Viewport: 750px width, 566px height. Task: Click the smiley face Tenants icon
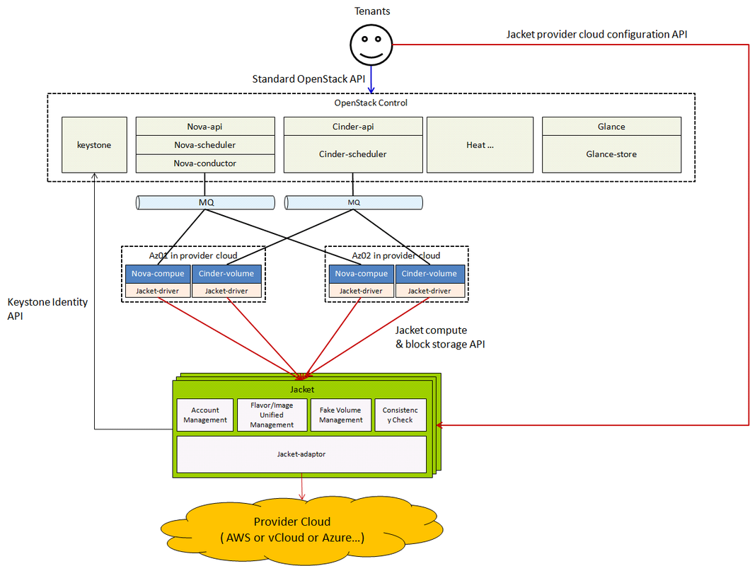(371, 45)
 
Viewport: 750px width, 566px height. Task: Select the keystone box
(94, 144)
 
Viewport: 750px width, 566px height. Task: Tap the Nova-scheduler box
(204, 145)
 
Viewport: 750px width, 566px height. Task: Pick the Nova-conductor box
(204, 163)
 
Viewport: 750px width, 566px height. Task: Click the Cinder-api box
(352, 127)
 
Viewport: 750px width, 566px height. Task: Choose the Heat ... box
(480, 144)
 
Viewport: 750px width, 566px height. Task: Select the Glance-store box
(611, 154)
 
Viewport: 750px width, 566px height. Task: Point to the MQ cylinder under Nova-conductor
(204, 203)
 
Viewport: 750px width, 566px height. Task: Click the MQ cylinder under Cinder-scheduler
(354, 203)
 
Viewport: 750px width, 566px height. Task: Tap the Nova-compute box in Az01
(158, 274)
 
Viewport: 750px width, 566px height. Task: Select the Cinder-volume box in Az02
(429, 274)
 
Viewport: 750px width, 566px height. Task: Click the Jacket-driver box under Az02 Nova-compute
(361, 291)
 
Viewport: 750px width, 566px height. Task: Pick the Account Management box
(205, 415)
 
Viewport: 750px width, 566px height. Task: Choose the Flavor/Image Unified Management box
(272, 415)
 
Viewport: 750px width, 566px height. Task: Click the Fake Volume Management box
(340, 415)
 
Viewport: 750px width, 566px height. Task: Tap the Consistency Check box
(400, 415)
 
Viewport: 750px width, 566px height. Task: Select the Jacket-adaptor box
(301, 454)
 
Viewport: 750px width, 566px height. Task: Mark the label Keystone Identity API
(47, 309)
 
